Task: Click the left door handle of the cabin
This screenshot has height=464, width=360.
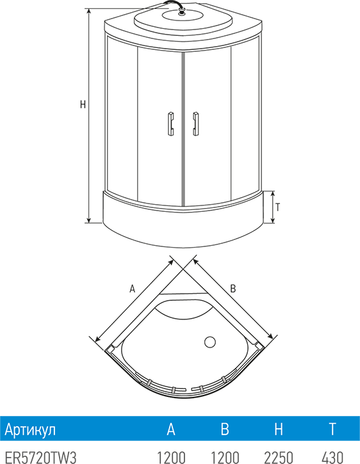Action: coord(170,124)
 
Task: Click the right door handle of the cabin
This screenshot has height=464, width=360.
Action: coord(195,124)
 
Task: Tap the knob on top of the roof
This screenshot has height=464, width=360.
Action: coord(181,12)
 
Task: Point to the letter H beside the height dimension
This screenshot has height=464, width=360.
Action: coord(83,104)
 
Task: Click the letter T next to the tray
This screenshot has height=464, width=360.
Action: coord(277,207)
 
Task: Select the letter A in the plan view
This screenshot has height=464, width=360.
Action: coord(132,289)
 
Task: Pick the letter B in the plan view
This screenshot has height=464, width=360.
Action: coord(233,289)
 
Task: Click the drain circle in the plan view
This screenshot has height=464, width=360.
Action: coord(210,342)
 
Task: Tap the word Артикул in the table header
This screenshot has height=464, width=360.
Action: coord(30,429)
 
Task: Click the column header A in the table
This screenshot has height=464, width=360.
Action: coord(171,429)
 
